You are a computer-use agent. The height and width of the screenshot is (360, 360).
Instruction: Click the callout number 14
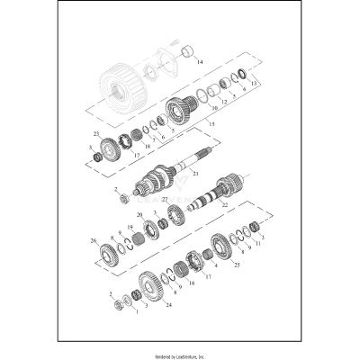click(x=201, y=62)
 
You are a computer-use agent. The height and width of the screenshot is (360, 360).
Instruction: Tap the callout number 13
click(x=255, y=84)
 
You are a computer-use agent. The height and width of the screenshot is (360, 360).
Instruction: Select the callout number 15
click(x=210, y=122)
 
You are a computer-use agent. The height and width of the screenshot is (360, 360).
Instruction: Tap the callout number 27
click(x=164, y=200)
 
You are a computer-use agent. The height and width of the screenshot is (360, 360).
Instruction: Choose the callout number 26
click(x=93, y=240)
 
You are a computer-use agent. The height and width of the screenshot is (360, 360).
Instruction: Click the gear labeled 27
click(x=175, y=216)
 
